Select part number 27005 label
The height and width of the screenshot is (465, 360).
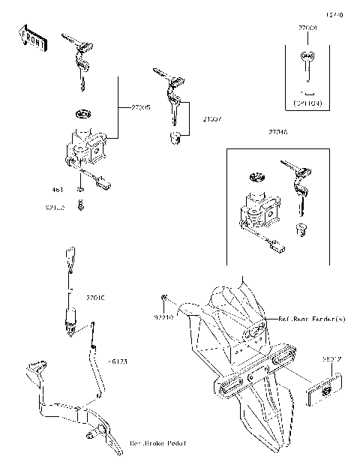pos(139,108)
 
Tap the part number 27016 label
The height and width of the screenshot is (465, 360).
pos(277,132)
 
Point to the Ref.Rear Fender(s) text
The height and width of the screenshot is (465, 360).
pos(312,319)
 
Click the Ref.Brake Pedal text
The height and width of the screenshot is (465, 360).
pos(158,443)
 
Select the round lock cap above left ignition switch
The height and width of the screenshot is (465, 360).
pos(81,114)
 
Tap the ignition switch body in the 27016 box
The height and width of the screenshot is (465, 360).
pos(256,208)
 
